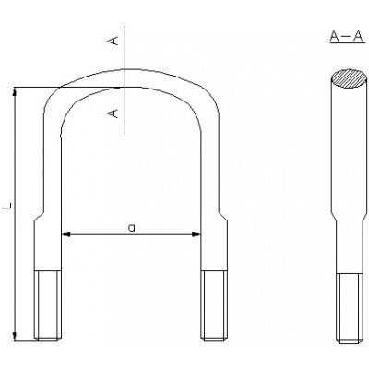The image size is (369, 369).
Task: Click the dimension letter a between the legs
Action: [x=131, y=226]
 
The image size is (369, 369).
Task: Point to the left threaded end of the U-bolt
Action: [x=48, y=304]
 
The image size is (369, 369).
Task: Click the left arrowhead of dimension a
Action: [x=65, y=235]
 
